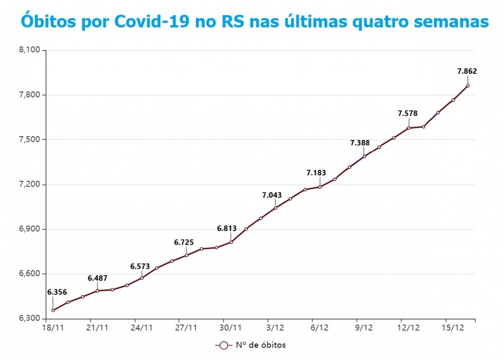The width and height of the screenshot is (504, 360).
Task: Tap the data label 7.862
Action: (467, 71)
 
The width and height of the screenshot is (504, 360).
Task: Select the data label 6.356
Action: (57, 292)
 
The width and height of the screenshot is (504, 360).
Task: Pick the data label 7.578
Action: (408, 113)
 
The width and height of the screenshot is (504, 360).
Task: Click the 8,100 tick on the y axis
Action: (29, 50)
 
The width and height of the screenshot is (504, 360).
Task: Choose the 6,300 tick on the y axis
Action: (29, 319)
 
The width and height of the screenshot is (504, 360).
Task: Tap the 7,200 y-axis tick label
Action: (29, 185)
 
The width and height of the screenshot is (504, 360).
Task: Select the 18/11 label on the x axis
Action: (53, 328)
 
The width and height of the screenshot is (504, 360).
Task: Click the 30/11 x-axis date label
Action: (231, 328)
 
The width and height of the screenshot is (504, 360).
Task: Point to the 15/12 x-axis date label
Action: (453, 328)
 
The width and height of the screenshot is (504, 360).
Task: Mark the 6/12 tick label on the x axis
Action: (319, 328)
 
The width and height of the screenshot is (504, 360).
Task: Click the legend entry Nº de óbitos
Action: (251, 345)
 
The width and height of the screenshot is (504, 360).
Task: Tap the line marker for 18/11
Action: (53, 310)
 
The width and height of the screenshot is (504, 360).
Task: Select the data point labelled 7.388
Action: (364, 156)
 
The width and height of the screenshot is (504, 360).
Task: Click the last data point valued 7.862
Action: (468, 86)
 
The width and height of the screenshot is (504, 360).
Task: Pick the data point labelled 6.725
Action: (186, 255)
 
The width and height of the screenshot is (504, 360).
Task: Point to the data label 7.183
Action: (316, 173)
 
